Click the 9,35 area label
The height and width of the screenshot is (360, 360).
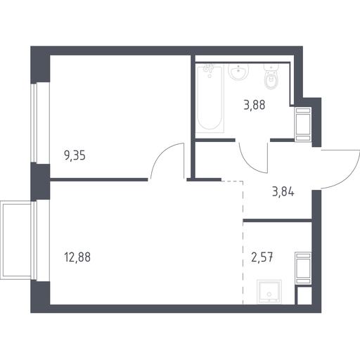pyautogui.click(x=75, y=155)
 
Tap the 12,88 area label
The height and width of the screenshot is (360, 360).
pyautogui.click(x=77, y=257)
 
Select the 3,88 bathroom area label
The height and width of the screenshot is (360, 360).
pyautogui.click(x=255, y=105)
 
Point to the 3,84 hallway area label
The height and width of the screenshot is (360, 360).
pyautogui.click(x=283, y=191)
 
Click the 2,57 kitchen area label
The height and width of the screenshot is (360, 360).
pyautogui.click(x=262, y=257)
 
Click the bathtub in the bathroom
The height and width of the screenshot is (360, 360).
pyautogui.click(x=210, y=98)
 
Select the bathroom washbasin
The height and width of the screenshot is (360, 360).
pyautogui.click(x=238, y=72)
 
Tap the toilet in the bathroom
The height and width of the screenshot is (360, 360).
pyautogui.click(x=271, y=77)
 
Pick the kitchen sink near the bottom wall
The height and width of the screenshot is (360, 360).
pyautogui.click(x=269, y=291)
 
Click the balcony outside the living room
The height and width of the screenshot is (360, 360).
pyautogui.click(x=16, y=240)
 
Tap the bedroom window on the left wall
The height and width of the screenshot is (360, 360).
pyautogui.click(x=34, y=123)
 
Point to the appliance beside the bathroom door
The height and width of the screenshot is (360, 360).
pyautogui.click(x=303, y=124)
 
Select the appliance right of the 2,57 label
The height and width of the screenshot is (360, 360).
pyautogui.click(x=303, y=269)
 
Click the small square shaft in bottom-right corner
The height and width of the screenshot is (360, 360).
pyautogui.click(x=303, y=295)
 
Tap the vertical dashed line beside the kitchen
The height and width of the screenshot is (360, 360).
pyautogui.click(x=243, y=243)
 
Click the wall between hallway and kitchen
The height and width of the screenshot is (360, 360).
pyautogui.click(x=278, y=220)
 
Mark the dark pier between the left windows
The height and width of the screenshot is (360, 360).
pyautogui.click(x=40, y=181)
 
